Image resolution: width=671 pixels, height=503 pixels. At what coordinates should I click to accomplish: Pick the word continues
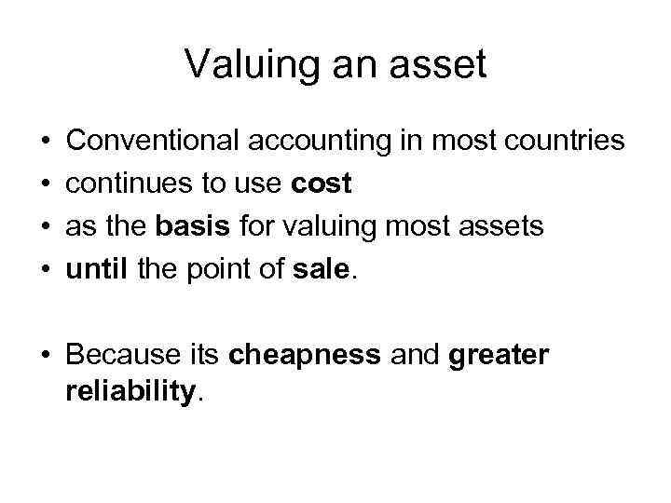(130, 184)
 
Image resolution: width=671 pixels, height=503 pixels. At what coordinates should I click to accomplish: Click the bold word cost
(322, 184)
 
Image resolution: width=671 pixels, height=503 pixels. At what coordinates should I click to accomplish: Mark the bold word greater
(499, 355)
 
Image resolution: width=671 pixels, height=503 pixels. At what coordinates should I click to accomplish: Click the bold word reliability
(131, 392)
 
